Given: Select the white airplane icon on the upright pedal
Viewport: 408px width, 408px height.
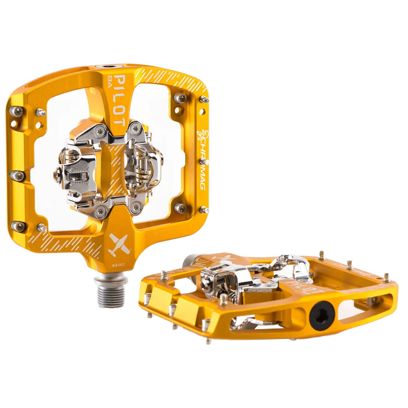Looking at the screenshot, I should coord(119,245).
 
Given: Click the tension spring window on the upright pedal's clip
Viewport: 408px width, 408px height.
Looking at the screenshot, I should coord(77,176).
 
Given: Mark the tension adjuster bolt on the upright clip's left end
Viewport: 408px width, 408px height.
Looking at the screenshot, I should coord(57,175).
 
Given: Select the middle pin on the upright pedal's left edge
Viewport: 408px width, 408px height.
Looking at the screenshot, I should coord(17,175).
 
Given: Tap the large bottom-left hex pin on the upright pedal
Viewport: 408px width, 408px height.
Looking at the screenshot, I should coord(18,226).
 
